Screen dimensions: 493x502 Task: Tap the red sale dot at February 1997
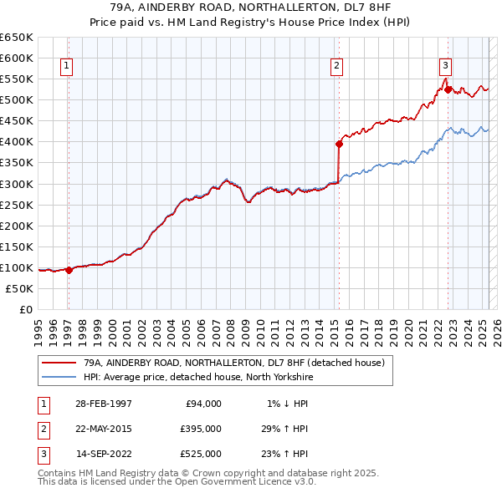[69, 270]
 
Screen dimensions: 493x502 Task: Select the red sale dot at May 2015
[339, 144]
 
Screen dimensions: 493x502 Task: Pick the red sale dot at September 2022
[448, 89]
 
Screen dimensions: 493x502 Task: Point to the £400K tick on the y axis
[17, 142]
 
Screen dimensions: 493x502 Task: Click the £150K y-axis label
[17, 246]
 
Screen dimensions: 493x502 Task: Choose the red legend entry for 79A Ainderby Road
[233, 363]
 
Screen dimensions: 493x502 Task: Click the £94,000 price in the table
[203, 404]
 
